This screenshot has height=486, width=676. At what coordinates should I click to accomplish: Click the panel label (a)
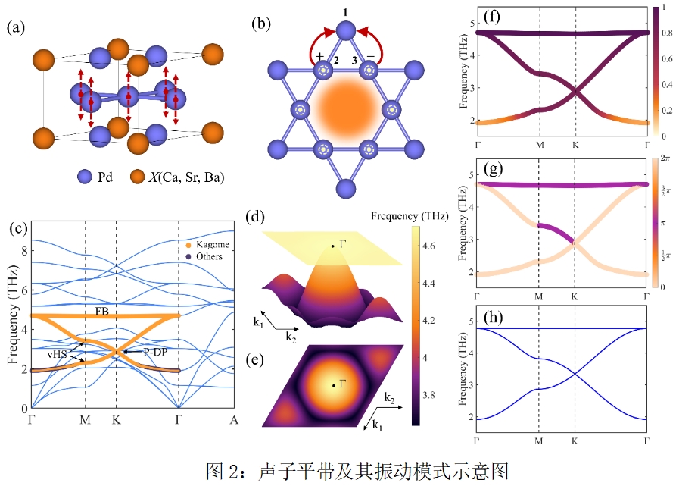pos(17,28)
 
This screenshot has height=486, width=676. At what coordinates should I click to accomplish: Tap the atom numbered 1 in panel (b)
pos(345,30)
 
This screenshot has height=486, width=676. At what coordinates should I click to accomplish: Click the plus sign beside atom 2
pos(320,57)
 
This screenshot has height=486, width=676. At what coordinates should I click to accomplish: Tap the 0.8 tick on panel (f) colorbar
pos(665,33)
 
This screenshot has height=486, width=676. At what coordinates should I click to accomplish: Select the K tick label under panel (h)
pos(575,441)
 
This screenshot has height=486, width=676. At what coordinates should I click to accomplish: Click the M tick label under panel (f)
pos(539,144)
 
